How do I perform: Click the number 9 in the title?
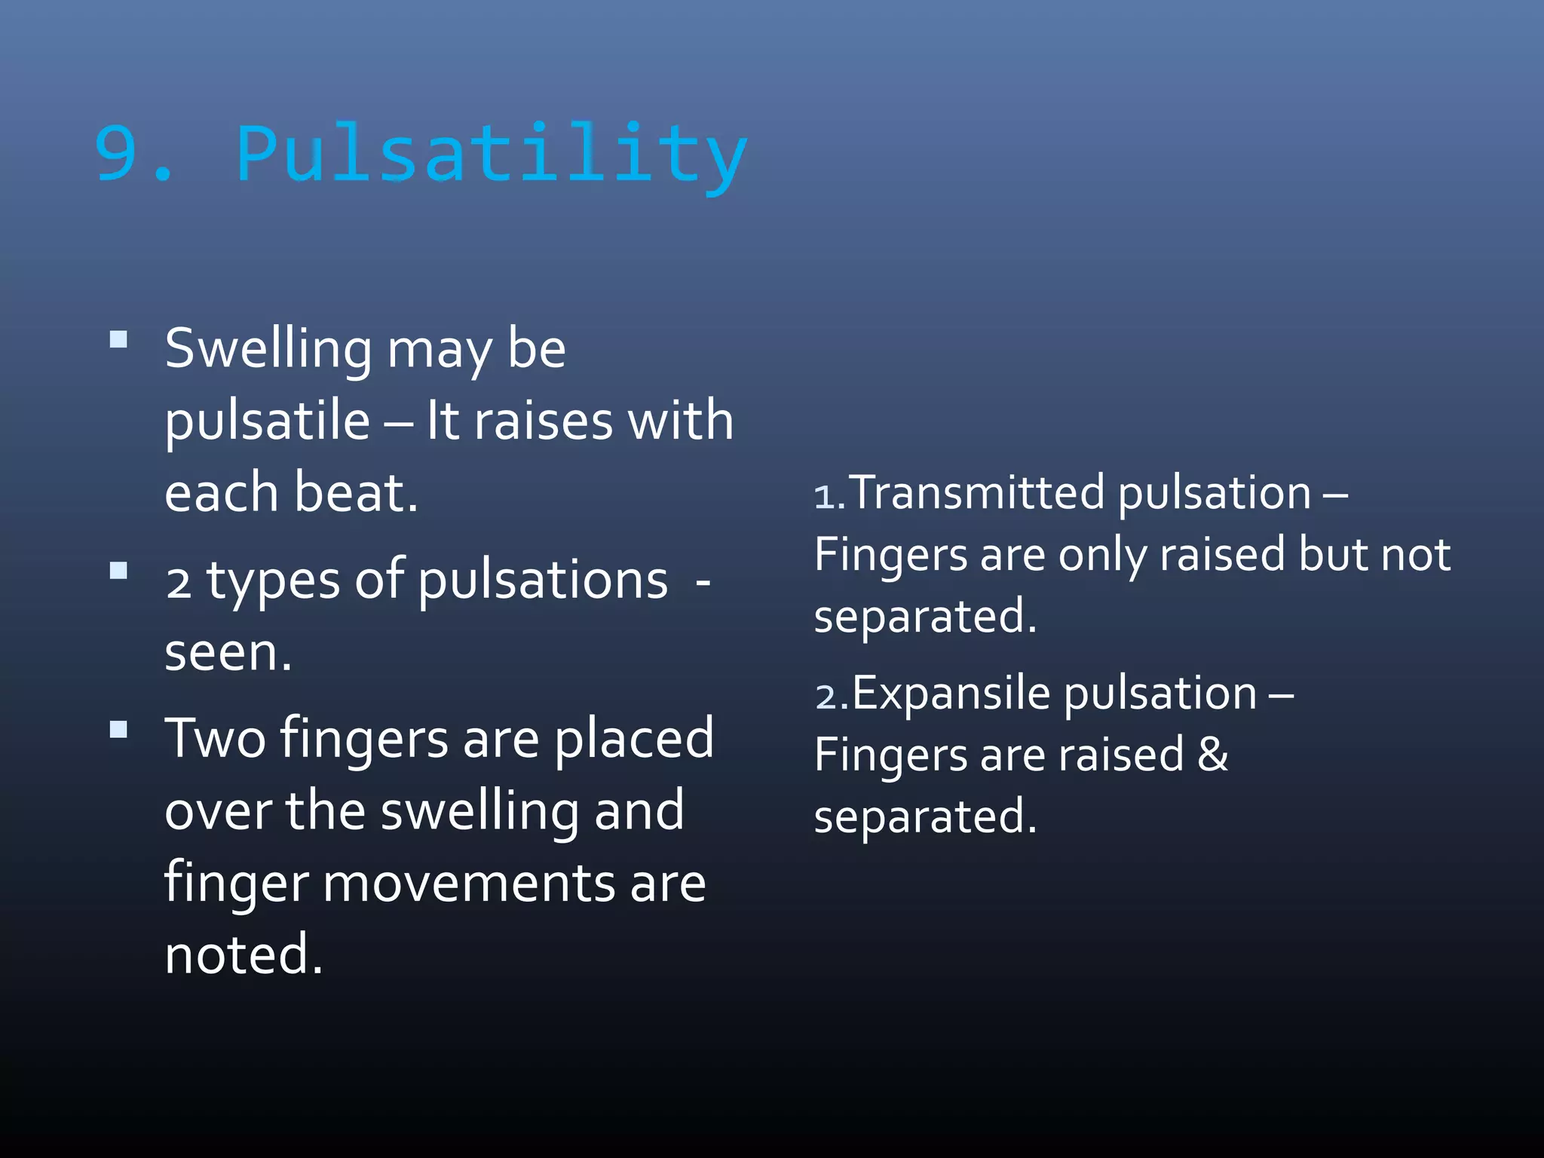point(118,155)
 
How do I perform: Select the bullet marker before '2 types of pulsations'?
point(118,570)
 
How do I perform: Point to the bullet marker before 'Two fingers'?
point(118,729)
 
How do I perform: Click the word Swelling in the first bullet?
point(268,350)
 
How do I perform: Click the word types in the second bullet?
point(273,581)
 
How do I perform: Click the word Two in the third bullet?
point(216,738)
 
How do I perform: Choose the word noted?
point(243,954)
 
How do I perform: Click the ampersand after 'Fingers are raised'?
point(1212,754)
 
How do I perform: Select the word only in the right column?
point(1102,556)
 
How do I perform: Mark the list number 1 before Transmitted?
point(825,498)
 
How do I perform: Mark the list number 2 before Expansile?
point(826,697)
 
